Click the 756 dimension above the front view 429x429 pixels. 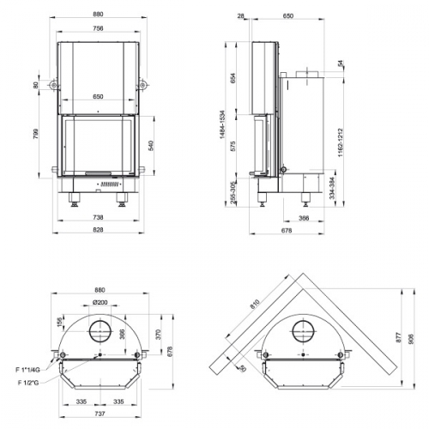pyautogui.click(x=100, y=28)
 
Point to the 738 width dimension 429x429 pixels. pyautogui.click(x=100, y=219)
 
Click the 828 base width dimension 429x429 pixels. pyautogui.click(x=100, y=233)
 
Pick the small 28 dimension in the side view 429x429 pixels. pyautogui.click(x=243, y=15)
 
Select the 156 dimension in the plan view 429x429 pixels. pyautogui.click(x=61, y=323)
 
